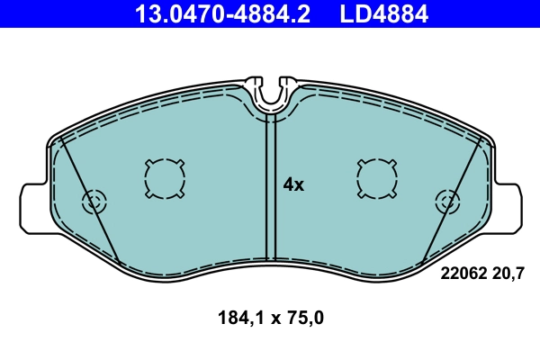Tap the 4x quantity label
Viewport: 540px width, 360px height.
tap(293, 184)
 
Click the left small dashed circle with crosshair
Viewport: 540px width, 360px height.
tap(94, 202)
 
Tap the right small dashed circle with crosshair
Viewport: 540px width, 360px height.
tap(446, 202)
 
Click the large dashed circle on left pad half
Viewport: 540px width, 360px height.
tap(164, 177)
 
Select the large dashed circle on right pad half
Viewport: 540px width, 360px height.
tap(376, 177)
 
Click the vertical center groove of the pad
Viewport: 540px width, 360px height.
tap(269, 189)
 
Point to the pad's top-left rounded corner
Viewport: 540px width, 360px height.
tap(58, 139)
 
